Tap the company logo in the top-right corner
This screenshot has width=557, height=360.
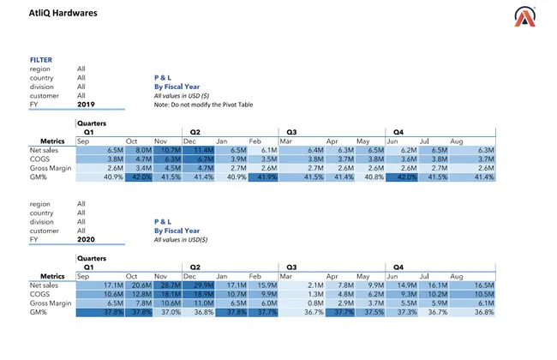point(524,17)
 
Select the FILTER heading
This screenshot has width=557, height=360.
point(41,60)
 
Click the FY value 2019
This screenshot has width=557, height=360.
point(86,104)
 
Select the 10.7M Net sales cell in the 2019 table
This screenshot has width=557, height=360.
point(169,150)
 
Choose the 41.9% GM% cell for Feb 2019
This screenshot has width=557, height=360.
point(264,177)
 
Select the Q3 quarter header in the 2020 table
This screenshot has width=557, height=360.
point(291,267)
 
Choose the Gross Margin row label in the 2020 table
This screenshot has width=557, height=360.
point(52,303)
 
